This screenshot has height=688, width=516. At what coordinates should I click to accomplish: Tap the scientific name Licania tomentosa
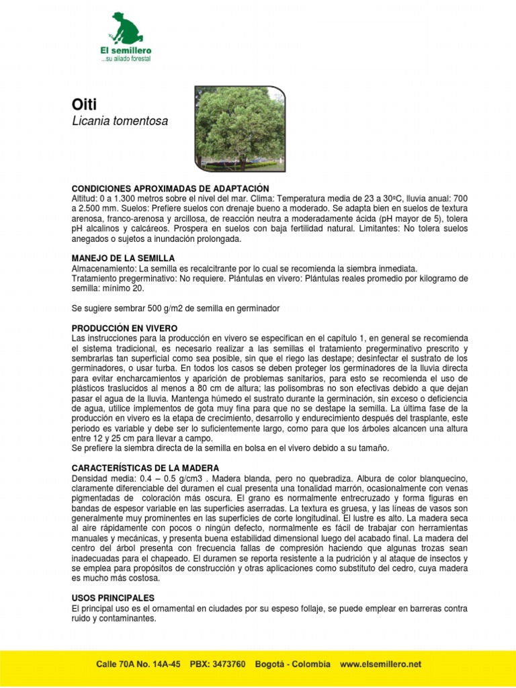119,122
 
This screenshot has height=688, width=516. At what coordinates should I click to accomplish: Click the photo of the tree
239,128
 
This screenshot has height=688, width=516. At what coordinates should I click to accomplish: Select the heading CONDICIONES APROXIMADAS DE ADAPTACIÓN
170,188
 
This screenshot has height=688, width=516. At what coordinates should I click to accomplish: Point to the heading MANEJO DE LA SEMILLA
123,258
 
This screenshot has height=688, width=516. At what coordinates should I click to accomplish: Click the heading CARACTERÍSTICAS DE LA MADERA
145,467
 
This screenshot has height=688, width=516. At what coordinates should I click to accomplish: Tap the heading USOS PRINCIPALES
113,597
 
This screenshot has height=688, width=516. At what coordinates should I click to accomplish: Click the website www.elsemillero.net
380,664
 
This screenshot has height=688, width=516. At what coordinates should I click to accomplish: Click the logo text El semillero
126,50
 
